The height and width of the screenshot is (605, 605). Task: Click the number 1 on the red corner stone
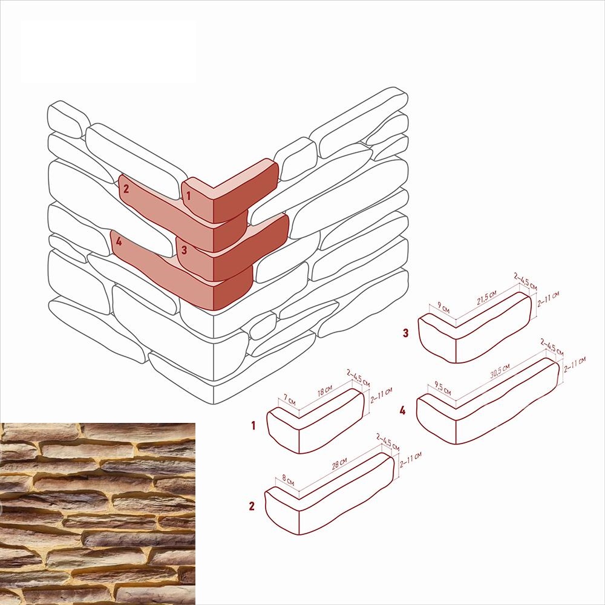click(x=188, y=195)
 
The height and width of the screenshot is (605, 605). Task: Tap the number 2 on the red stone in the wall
click(x=126, y=189)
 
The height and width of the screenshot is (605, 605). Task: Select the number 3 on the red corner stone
click(x=184, y=250)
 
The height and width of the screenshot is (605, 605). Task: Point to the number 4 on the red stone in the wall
click(x=119, y=241)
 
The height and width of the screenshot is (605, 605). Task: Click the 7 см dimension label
click(x=289, y=400)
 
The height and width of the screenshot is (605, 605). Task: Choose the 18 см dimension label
click(x=324, y=390)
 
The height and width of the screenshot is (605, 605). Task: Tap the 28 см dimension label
click(x=339, y=463)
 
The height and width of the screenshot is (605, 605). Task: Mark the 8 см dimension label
click(x=288, y=480)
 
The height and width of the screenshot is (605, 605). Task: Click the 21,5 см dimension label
click(x=486, y=298)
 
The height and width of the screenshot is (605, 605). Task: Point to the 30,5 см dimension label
click(x=500, y=370)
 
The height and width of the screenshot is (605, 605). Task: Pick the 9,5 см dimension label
click(x=442, y=388)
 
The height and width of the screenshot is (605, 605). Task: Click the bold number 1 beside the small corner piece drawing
click(x=253, y=425)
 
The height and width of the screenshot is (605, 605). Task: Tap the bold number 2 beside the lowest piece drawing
click(x=252, y=506)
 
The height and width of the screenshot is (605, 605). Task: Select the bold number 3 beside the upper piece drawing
click(x=405, y=333)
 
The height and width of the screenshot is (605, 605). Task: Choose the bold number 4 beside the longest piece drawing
click(x=402, y=410)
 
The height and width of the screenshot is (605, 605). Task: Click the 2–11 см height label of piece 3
click(x=548, y=299)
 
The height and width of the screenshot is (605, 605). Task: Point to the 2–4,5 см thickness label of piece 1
click(x=358, y=378)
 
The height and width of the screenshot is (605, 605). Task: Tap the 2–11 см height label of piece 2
click(x=411, y=460)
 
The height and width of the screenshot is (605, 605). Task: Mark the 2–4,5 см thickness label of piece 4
click(x=552, y=347)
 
